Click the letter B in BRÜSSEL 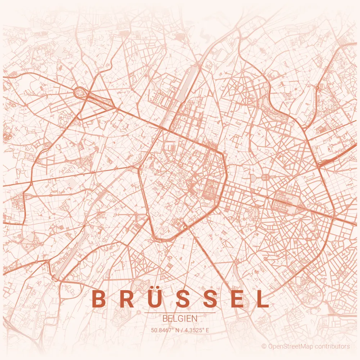pos(98,299)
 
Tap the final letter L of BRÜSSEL pos(263,299)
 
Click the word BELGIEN pos(180,319)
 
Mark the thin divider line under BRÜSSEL pos(180,313)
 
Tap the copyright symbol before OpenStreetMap pos(264,346)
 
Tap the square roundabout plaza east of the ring pos(266,177)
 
